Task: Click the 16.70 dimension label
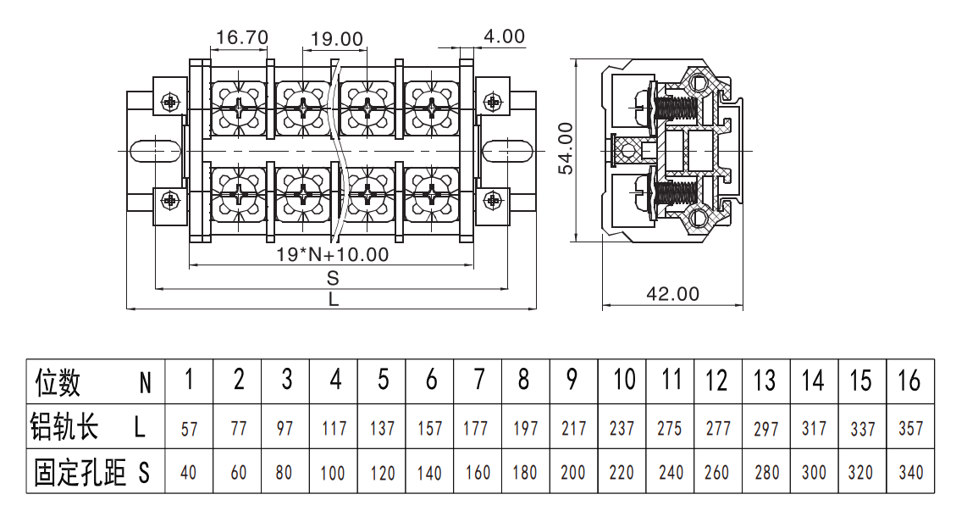(x=242, y=37)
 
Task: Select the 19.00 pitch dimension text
(x=337, y=39)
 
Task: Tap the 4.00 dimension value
(x=504, y=36)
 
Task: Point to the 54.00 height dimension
(x=566, y=148)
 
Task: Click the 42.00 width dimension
(x=673, y=293)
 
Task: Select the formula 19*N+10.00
(x=333, y=253)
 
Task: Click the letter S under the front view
(x=333, y=277)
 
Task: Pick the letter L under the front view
(x=334, y=299)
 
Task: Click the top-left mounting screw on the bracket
(x=169, y=101)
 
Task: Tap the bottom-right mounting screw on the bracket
(x=493, y=200)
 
